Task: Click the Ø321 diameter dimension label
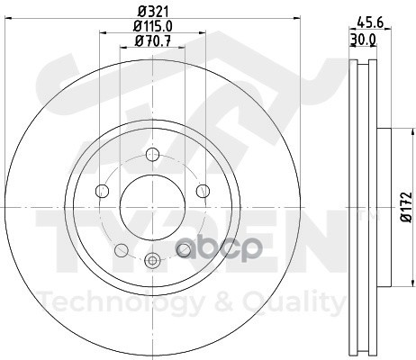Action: tap(153, 12)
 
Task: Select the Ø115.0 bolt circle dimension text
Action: tap(153, 26)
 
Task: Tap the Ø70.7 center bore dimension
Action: tap(153, 40)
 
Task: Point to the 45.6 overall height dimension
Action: tap(370, 22)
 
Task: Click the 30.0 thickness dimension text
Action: tap(363, 40)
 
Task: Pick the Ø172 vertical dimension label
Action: tap(406, 207)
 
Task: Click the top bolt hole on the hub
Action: tap(152, 154)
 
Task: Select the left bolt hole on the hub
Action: tap(102, 191)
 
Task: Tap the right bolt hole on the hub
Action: tap(203, 191)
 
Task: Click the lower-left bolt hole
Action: tap(122, 250)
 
